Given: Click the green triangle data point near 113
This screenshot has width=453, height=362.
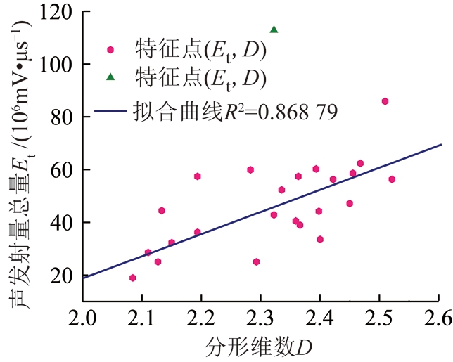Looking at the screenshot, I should pos(274,30).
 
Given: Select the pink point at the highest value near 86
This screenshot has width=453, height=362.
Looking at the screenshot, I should pos(385,101).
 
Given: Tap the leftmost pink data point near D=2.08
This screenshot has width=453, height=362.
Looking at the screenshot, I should pos(132,278).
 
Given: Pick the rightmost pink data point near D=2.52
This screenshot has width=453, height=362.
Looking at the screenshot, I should pos(392,179).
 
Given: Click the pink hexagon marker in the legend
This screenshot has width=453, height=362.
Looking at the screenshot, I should pos(110,50).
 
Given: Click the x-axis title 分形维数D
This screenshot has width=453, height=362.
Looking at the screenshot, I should pos(260,347).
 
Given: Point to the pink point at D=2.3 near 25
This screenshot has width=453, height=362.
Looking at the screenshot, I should pos(256,261).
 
